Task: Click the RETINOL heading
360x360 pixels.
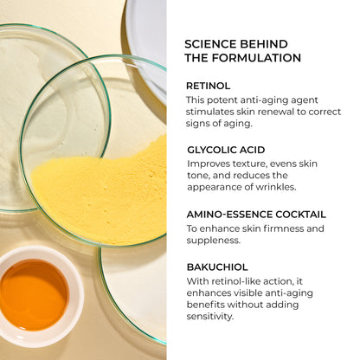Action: click(208, 86)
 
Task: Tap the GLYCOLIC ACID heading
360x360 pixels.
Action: click(226, 150)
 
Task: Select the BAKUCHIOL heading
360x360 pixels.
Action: click(217, 267)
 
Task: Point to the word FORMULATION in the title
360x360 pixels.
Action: click(256, 58)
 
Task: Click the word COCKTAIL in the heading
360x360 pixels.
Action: click(300, 215)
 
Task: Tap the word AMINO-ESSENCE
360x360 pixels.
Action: click(229, 215)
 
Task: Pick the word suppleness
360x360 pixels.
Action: click(214, 241)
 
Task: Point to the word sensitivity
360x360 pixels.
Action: click(209, 316)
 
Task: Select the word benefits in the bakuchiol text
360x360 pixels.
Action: click(205, 305)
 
